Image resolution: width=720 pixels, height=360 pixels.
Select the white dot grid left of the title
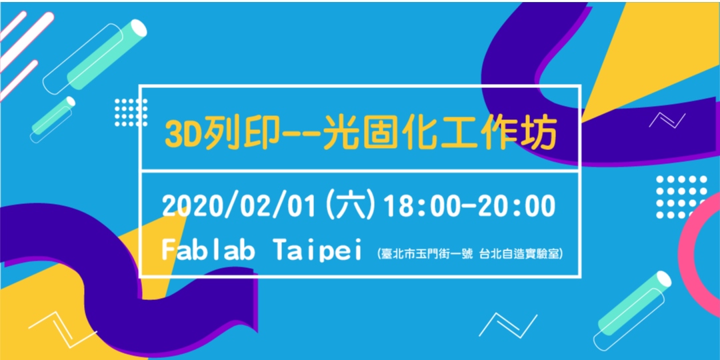click(131, 111)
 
